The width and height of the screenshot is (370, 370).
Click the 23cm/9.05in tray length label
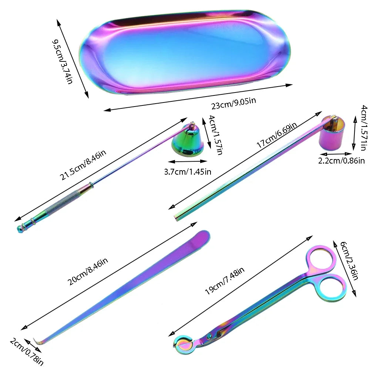pyautogui.click(x=233, y=103)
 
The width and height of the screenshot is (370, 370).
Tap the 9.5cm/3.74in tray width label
pyautogui.click(x=62, y=62)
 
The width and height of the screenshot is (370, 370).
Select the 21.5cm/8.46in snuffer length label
pyautogui.click(x=83, y=165)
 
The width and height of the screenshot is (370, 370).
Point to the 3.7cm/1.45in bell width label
pyautogui.click(x=188, y=172)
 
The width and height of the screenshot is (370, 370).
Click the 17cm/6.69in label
pyautogui.click(x=276, y=135)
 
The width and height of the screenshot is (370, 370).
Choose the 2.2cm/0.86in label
pyautogui.click(x=341, y=161)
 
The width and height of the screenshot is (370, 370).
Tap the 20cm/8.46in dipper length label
pyautogui.click(x=88, y=271)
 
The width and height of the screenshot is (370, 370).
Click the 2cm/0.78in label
pyautogui.click(x=26, y=351)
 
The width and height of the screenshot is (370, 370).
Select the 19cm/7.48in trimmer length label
pyautogui.click(x=225, y=281)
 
